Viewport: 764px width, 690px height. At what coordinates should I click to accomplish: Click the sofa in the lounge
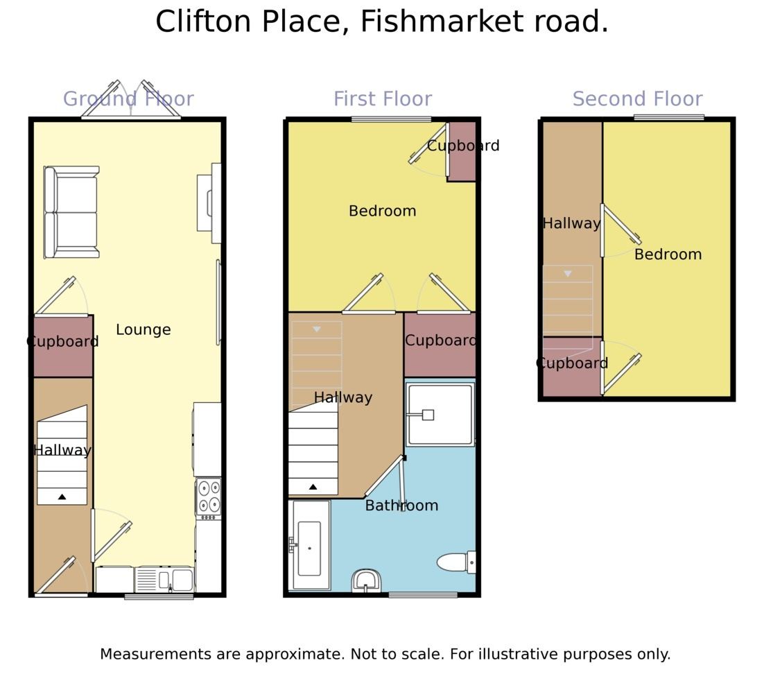[71, 212]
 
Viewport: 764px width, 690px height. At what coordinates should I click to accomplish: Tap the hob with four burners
[208, 497]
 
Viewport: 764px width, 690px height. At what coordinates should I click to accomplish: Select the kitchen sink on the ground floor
[166, 579]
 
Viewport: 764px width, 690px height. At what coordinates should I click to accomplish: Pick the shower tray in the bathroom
[440, 415]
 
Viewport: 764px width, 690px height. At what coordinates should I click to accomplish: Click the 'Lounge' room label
[143, 330]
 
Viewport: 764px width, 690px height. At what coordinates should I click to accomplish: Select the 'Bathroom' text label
[401, 506]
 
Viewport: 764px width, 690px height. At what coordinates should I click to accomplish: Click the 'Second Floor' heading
[637, 99]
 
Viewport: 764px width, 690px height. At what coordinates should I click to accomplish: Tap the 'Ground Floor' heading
[128, 99]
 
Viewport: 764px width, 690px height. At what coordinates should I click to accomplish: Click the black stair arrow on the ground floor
[62, 497]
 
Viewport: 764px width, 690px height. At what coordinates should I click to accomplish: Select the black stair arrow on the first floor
[313, 487]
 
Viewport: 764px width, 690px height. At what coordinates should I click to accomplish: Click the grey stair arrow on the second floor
[568, 274]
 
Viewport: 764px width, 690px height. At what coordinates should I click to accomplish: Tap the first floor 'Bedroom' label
[382, 211]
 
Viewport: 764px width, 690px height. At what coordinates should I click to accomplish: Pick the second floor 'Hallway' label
[571, 223]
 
